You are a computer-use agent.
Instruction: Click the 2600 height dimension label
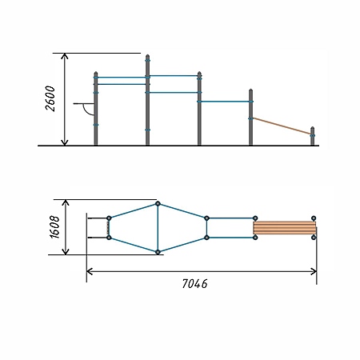point(50,98)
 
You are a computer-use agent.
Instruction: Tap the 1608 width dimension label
point(54,226)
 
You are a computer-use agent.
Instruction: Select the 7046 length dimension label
point(194,284)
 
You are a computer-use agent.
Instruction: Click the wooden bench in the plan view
point(285,228)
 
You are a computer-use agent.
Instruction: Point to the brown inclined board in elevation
point(282,126)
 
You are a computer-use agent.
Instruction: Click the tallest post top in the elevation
point(147,56)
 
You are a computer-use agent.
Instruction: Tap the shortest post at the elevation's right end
point(313,136)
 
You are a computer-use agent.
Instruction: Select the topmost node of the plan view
point(158,204)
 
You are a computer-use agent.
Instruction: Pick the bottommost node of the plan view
point(158,252)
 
